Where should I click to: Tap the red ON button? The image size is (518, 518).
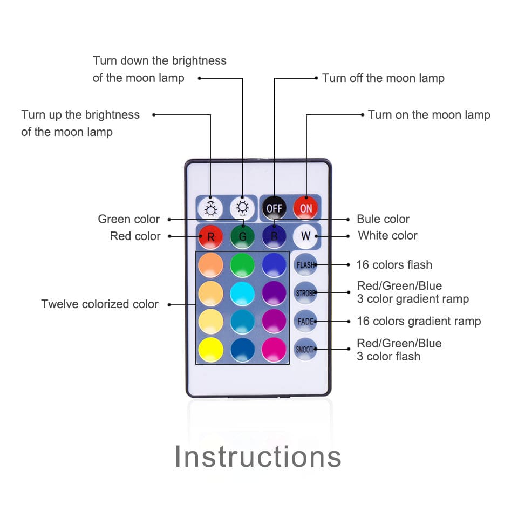306,208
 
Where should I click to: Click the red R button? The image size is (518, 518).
211,236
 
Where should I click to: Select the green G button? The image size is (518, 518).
242,236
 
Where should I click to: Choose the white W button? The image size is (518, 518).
305,236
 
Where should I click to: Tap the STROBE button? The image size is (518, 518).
305,293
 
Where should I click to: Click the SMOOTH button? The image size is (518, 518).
305,350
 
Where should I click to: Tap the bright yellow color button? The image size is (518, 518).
211,350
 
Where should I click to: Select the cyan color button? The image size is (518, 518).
242,294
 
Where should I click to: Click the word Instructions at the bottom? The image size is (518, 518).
258,456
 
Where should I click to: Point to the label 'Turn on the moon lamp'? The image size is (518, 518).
429,115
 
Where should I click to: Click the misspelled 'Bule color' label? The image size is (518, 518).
383,219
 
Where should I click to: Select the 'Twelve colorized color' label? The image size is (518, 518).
100,304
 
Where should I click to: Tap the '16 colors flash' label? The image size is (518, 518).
394,264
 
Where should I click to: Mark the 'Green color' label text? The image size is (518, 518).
129,219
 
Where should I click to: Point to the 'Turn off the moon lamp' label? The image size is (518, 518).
383,78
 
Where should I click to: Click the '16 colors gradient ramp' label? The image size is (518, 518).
419,321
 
